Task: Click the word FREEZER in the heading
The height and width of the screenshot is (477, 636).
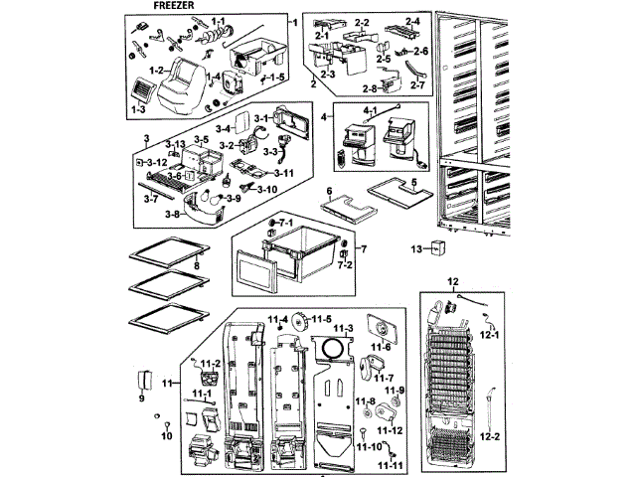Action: pos(172,6)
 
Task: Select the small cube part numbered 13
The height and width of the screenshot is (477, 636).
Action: pos(436,249)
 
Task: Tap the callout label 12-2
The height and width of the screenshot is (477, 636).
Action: pos(489,435)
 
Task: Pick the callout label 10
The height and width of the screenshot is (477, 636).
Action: pos(167,434)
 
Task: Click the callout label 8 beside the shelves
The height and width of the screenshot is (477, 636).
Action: pos(197,266)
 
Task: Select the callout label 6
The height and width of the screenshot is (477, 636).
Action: pos(329,190)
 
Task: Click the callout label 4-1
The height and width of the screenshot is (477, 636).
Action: pos(371,110)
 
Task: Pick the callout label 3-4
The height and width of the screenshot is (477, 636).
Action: pos(225,128)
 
